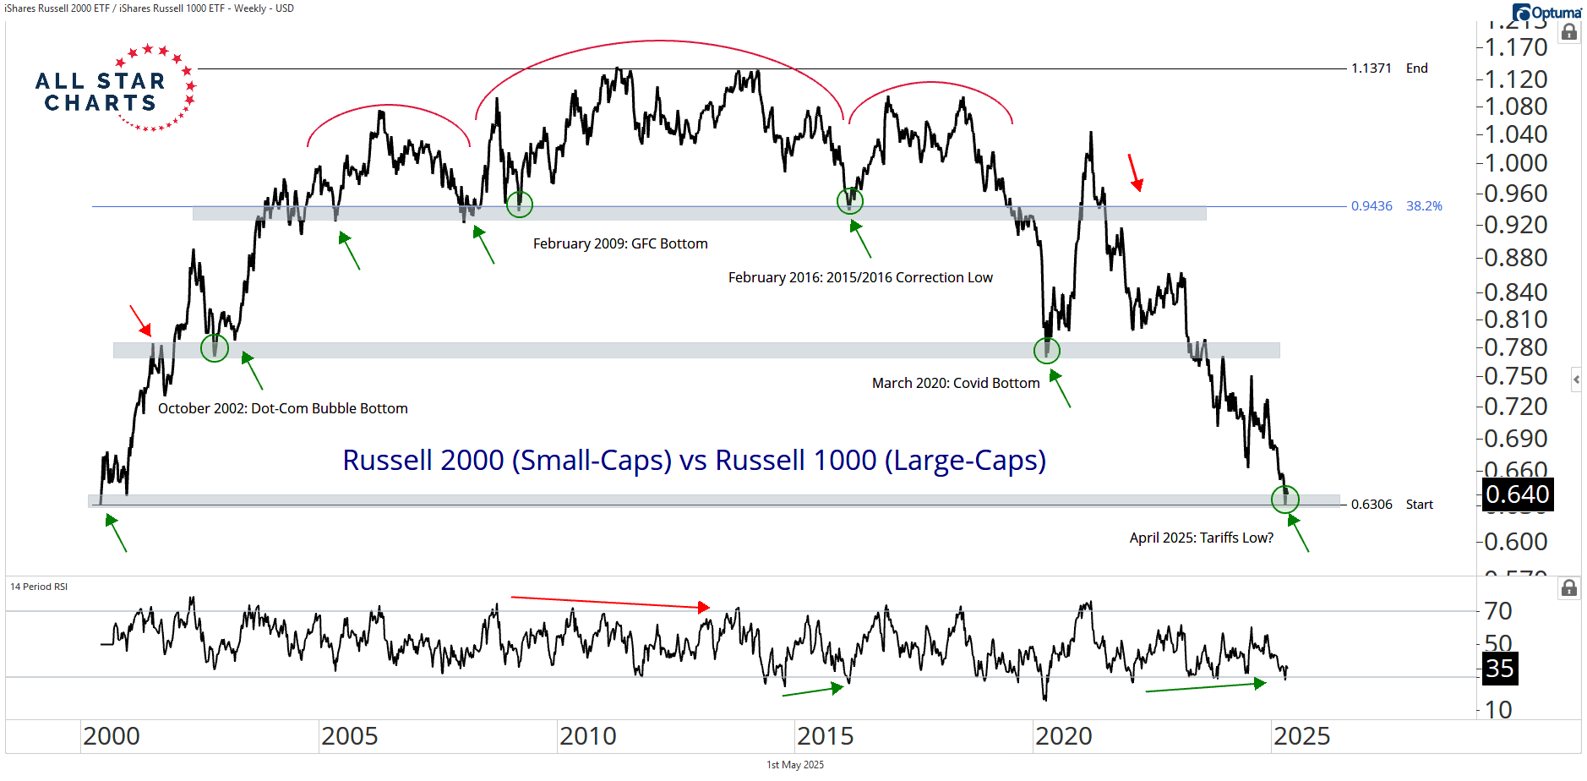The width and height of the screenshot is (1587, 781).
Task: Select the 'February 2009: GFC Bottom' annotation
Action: (620, 243)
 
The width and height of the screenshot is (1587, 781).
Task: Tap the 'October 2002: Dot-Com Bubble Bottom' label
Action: (282, 408)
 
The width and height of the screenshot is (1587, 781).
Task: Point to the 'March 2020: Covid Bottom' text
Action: (956, 383)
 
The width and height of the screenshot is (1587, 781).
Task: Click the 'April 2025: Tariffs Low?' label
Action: (1201, 538)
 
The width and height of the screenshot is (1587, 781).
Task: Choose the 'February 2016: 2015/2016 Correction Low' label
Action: (860, 277)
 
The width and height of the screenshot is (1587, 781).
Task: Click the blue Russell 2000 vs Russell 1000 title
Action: (694, 460)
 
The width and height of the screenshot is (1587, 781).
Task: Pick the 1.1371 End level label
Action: (1388, 68)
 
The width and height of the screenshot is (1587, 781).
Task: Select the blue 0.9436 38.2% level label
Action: (1396, 206)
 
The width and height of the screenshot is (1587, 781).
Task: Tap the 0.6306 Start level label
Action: (1391, 505)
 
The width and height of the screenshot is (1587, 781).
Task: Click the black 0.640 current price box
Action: (1518, 494)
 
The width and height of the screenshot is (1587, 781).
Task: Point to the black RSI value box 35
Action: (1500, 669)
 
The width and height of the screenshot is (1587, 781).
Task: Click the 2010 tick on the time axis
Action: (588, 736)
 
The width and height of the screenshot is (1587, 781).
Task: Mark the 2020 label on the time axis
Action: (1064, 736)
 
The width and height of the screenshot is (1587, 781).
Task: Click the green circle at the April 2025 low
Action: (1285, 499)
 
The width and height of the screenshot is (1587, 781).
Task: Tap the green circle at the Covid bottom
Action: (1047, 350)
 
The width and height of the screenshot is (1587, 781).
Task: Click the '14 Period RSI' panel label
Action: (39, 587)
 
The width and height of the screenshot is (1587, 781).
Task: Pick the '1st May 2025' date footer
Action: (795, 765)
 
